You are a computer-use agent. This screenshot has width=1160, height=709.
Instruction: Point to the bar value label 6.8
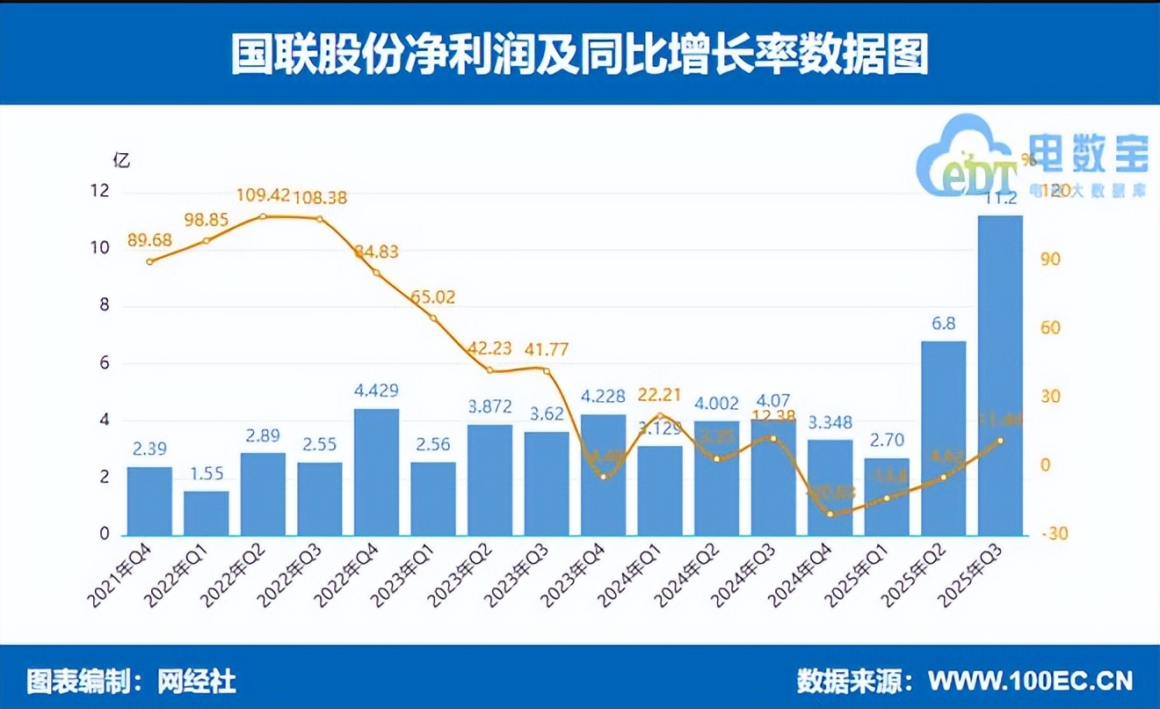[944, 325]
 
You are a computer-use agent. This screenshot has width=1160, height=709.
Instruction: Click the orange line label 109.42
[263, 194]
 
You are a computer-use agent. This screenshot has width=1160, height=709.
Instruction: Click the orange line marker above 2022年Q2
[263, 216]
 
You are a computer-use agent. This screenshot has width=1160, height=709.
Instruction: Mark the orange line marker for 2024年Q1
[660, 416]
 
